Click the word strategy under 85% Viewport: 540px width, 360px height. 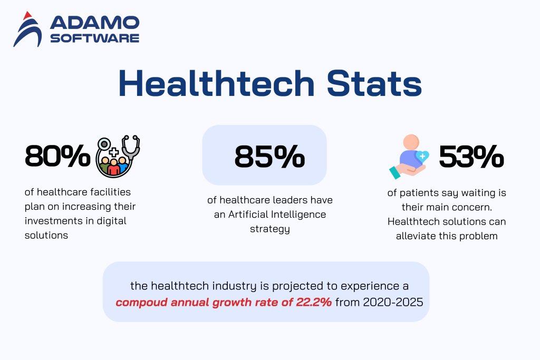click(269, 229)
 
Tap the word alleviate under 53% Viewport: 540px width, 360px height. click(417, 236)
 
